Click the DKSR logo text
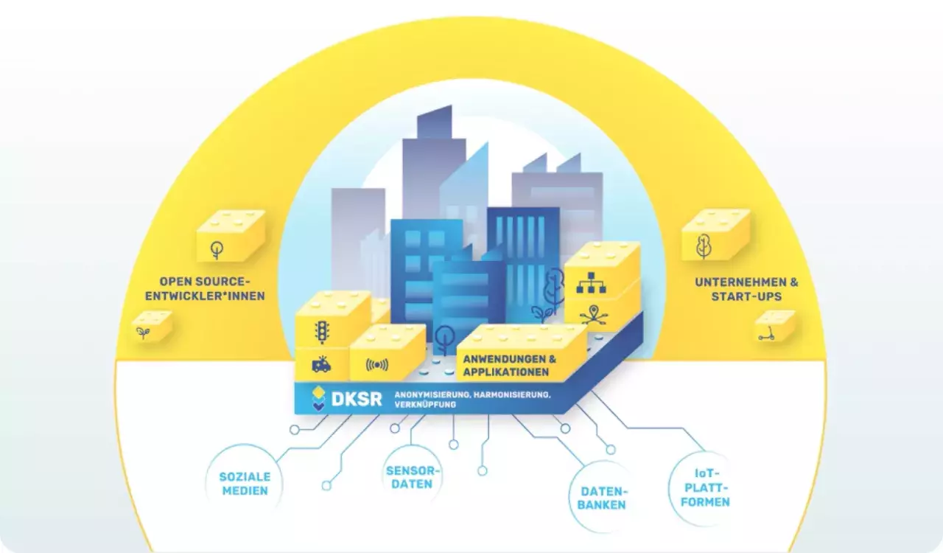point(357,399)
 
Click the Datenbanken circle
point(602,497)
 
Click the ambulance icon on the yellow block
point(321,365)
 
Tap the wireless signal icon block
point(378,364)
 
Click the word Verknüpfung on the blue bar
point(424,405)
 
